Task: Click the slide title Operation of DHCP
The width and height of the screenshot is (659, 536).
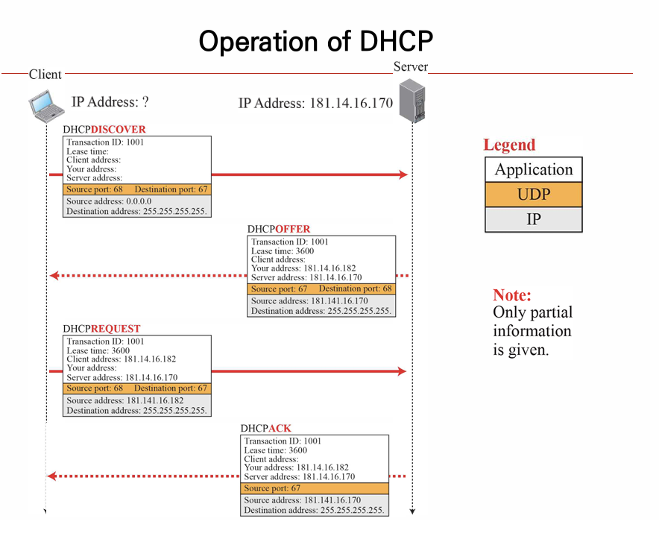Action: [x=315, y=41]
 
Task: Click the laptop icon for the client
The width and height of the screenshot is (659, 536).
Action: [x=46, y=104]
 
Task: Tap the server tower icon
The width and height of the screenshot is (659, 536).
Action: [x=412, y=102]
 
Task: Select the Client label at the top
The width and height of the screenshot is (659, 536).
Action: [x=45, y=74]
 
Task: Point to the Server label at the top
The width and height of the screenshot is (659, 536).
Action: [x=410, y=66]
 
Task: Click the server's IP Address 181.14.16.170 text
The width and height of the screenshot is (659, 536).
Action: [x=315, y=104]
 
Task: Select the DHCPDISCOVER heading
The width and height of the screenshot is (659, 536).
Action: [x=104, y=129]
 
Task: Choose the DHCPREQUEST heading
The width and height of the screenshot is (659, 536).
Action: [x=101, y=328]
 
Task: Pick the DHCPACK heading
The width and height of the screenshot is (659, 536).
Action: [x=265, y=428]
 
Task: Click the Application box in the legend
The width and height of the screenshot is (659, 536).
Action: [x=533, y=169]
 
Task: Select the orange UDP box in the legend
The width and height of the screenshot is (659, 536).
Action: [x=533, y=195]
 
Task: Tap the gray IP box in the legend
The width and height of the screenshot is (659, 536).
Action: [x=533, y=219]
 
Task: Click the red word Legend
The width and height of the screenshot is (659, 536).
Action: [x=509, y=145]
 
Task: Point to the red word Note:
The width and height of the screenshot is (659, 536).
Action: [x=512, y=294]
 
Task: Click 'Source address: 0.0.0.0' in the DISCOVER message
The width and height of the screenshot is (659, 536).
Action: [x=109, y=201]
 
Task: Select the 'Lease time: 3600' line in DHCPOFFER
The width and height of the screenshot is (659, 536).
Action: [x=283, y=251]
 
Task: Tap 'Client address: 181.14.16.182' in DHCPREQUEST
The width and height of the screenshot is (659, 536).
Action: [x=122, y=359]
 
